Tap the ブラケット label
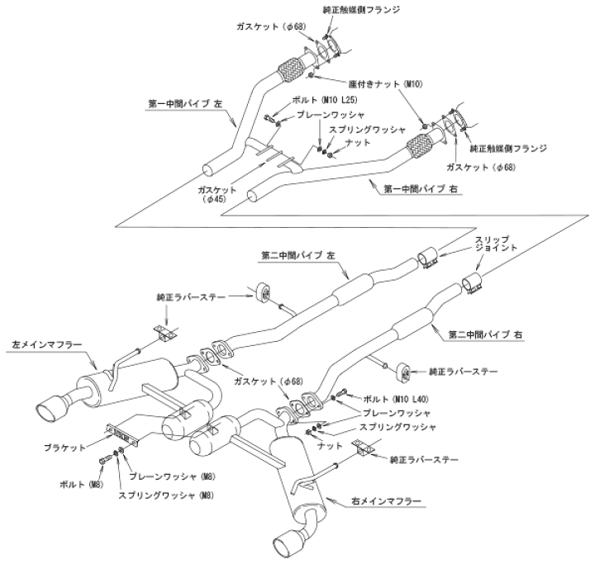point(63,446)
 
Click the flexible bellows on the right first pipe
point(419,150)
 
